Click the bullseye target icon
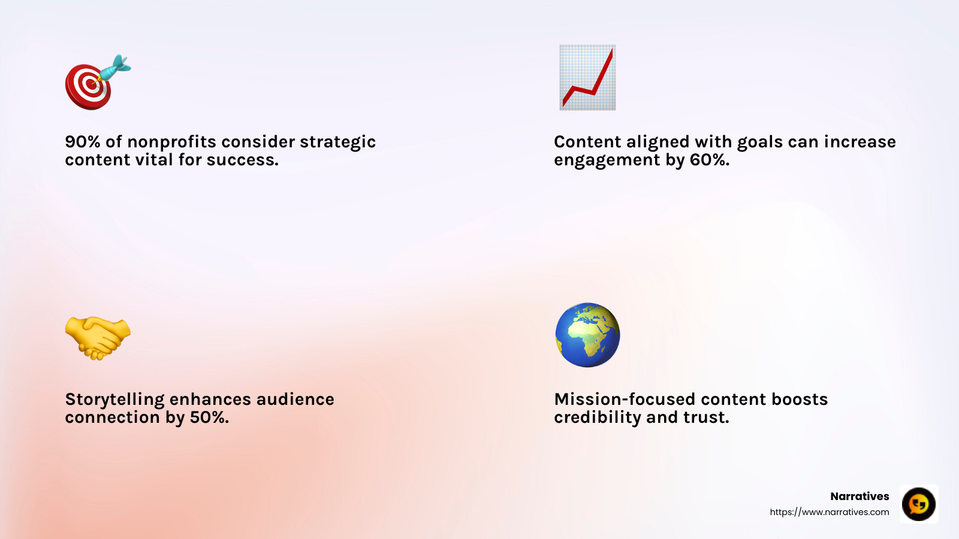89,86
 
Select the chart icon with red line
587,77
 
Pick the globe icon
587,335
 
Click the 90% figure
83,142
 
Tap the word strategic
337,142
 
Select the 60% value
708,160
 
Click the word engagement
607,161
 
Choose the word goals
759,142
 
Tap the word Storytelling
114,399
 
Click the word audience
295,399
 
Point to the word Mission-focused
625,399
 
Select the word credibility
597,417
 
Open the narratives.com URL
829,512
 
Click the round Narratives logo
918,504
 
